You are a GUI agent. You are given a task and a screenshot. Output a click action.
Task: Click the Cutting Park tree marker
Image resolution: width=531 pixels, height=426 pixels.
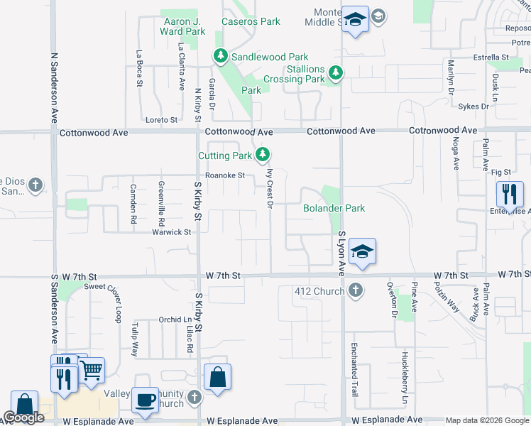(263, 155)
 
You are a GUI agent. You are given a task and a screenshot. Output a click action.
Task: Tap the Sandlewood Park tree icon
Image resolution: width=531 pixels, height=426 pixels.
(221, 56)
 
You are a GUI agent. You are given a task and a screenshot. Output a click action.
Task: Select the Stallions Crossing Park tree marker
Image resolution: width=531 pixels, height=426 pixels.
(335, 73)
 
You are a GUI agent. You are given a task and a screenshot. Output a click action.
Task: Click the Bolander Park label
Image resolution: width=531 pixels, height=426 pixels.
(334, 208)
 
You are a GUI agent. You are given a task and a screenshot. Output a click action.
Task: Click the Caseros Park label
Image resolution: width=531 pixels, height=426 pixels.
(251, 21)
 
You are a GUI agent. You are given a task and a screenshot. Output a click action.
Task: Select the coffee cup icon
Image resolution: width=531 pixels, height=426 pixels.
(147, 400)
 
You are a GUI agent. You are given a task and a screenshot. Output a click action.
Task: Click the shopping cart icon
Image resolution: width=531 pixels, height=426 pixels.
(91, 370)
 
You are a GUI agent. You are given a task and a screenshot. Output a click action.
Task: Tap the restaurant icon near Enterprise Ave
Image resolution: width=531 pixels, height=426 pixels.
(510, 193)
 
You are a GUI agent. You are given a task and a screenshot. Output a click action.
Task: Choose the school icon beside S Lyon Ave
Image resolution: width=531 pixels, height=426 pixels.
(362, 251)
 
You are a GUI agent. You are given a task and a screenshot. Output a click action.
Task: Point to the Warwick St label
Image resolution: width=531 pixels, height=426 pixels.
(172, 232)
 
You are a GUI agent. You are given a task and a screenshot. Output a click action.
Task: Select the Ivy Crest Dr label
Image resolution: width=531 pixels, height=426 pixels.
(270, 187)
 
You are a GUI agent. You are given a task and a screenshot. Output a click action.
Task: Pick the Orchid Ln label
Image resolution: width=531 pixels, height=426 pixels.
(170, 319)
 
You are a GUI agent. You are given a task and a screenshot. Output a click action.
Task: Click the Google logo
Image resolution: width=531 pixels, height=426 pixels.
(23, 417)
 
